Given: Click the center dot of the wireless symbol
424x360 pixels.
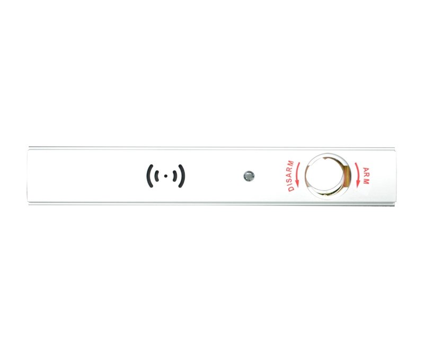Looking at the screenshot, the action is (x=166, y=176).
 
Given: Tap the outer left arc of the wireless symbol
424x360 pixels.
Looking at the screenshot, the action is (x=148, y=176).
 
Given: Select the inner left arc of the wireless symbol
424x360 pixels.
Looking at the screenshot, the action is (x=156, y=176).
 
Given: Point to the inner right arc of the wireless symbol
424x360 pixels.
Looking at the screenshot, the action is (x=175, y=176).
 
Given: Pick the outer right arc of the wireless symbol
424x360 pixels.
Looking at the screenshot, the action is (x=183, y=176).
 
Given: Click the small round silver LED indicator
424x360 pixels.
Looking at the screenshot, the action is (x=249, y=176).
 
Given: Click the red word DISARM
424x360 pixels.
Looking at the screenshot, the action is (x=290, y=176).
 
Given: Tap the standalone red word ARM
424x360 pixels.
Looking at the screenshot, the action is (x=366, y=176).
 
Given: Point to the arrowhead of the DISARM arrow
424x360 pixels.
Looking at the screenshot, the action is (x=297, y=184).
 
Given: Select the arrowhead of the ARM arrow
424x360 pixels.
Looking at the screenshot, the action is (x=358, y=184).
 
